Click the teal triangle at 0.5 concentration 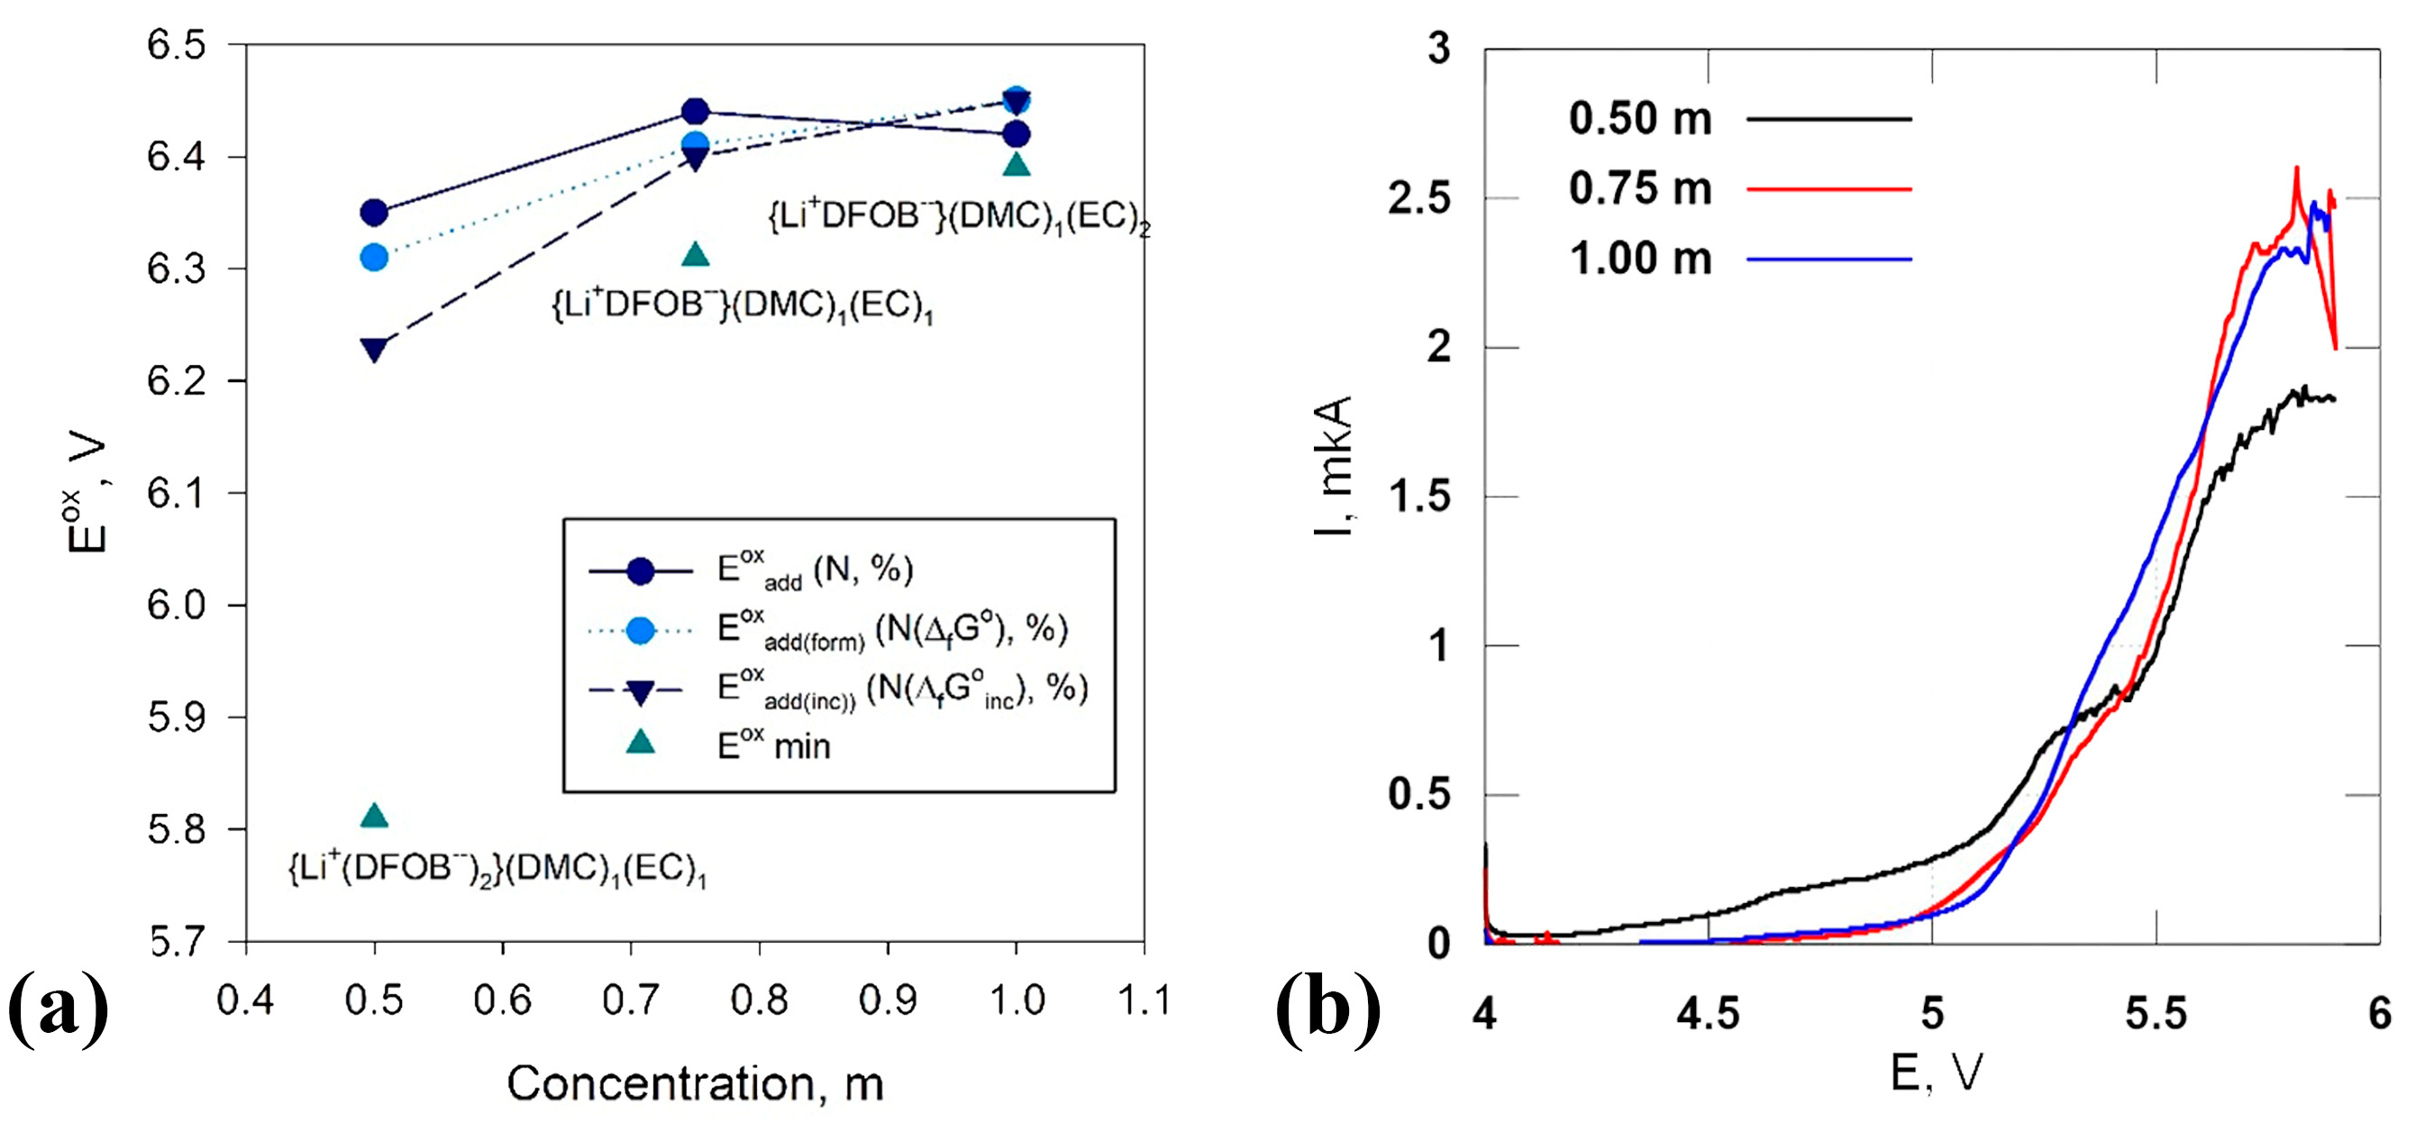pyautogui.click(x=374, y=816)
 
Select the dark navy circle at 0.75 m pyautogui.click(x=695, y=112)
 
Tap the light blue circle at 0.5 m pyautogui.click(x=374, y=257)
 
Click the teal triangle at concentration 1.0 pyautogui.click(x=1017, y=165)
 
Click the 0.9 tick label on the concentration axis pyautogui.click(x=888, y=1000)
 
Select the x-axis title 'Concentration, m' pyautogui.click(x=695, y=1084)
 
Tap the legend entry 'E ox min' pyautogui.click(x=774, y=745)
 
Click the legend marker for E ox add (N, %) pyautogui.click(x=641, y=571)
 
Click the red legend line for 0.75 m pyautogui.click(x=1828, y=189)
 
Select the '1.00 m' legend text pyautogui.click(x=1640, y=259)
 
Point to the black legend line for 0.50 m pyautogui.click(x=1828, y=119)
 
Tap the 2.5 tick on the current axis pyautogui.click(x=1418, y=199)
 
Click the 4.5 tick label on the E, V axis pyautogui.click(x=1708, y=1014)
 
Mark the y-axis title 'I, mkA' pyautogui.click(x=1333, y=466)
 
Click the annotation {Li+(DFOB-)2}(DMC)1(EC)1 pyautogui.click(x=497, y=870)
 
